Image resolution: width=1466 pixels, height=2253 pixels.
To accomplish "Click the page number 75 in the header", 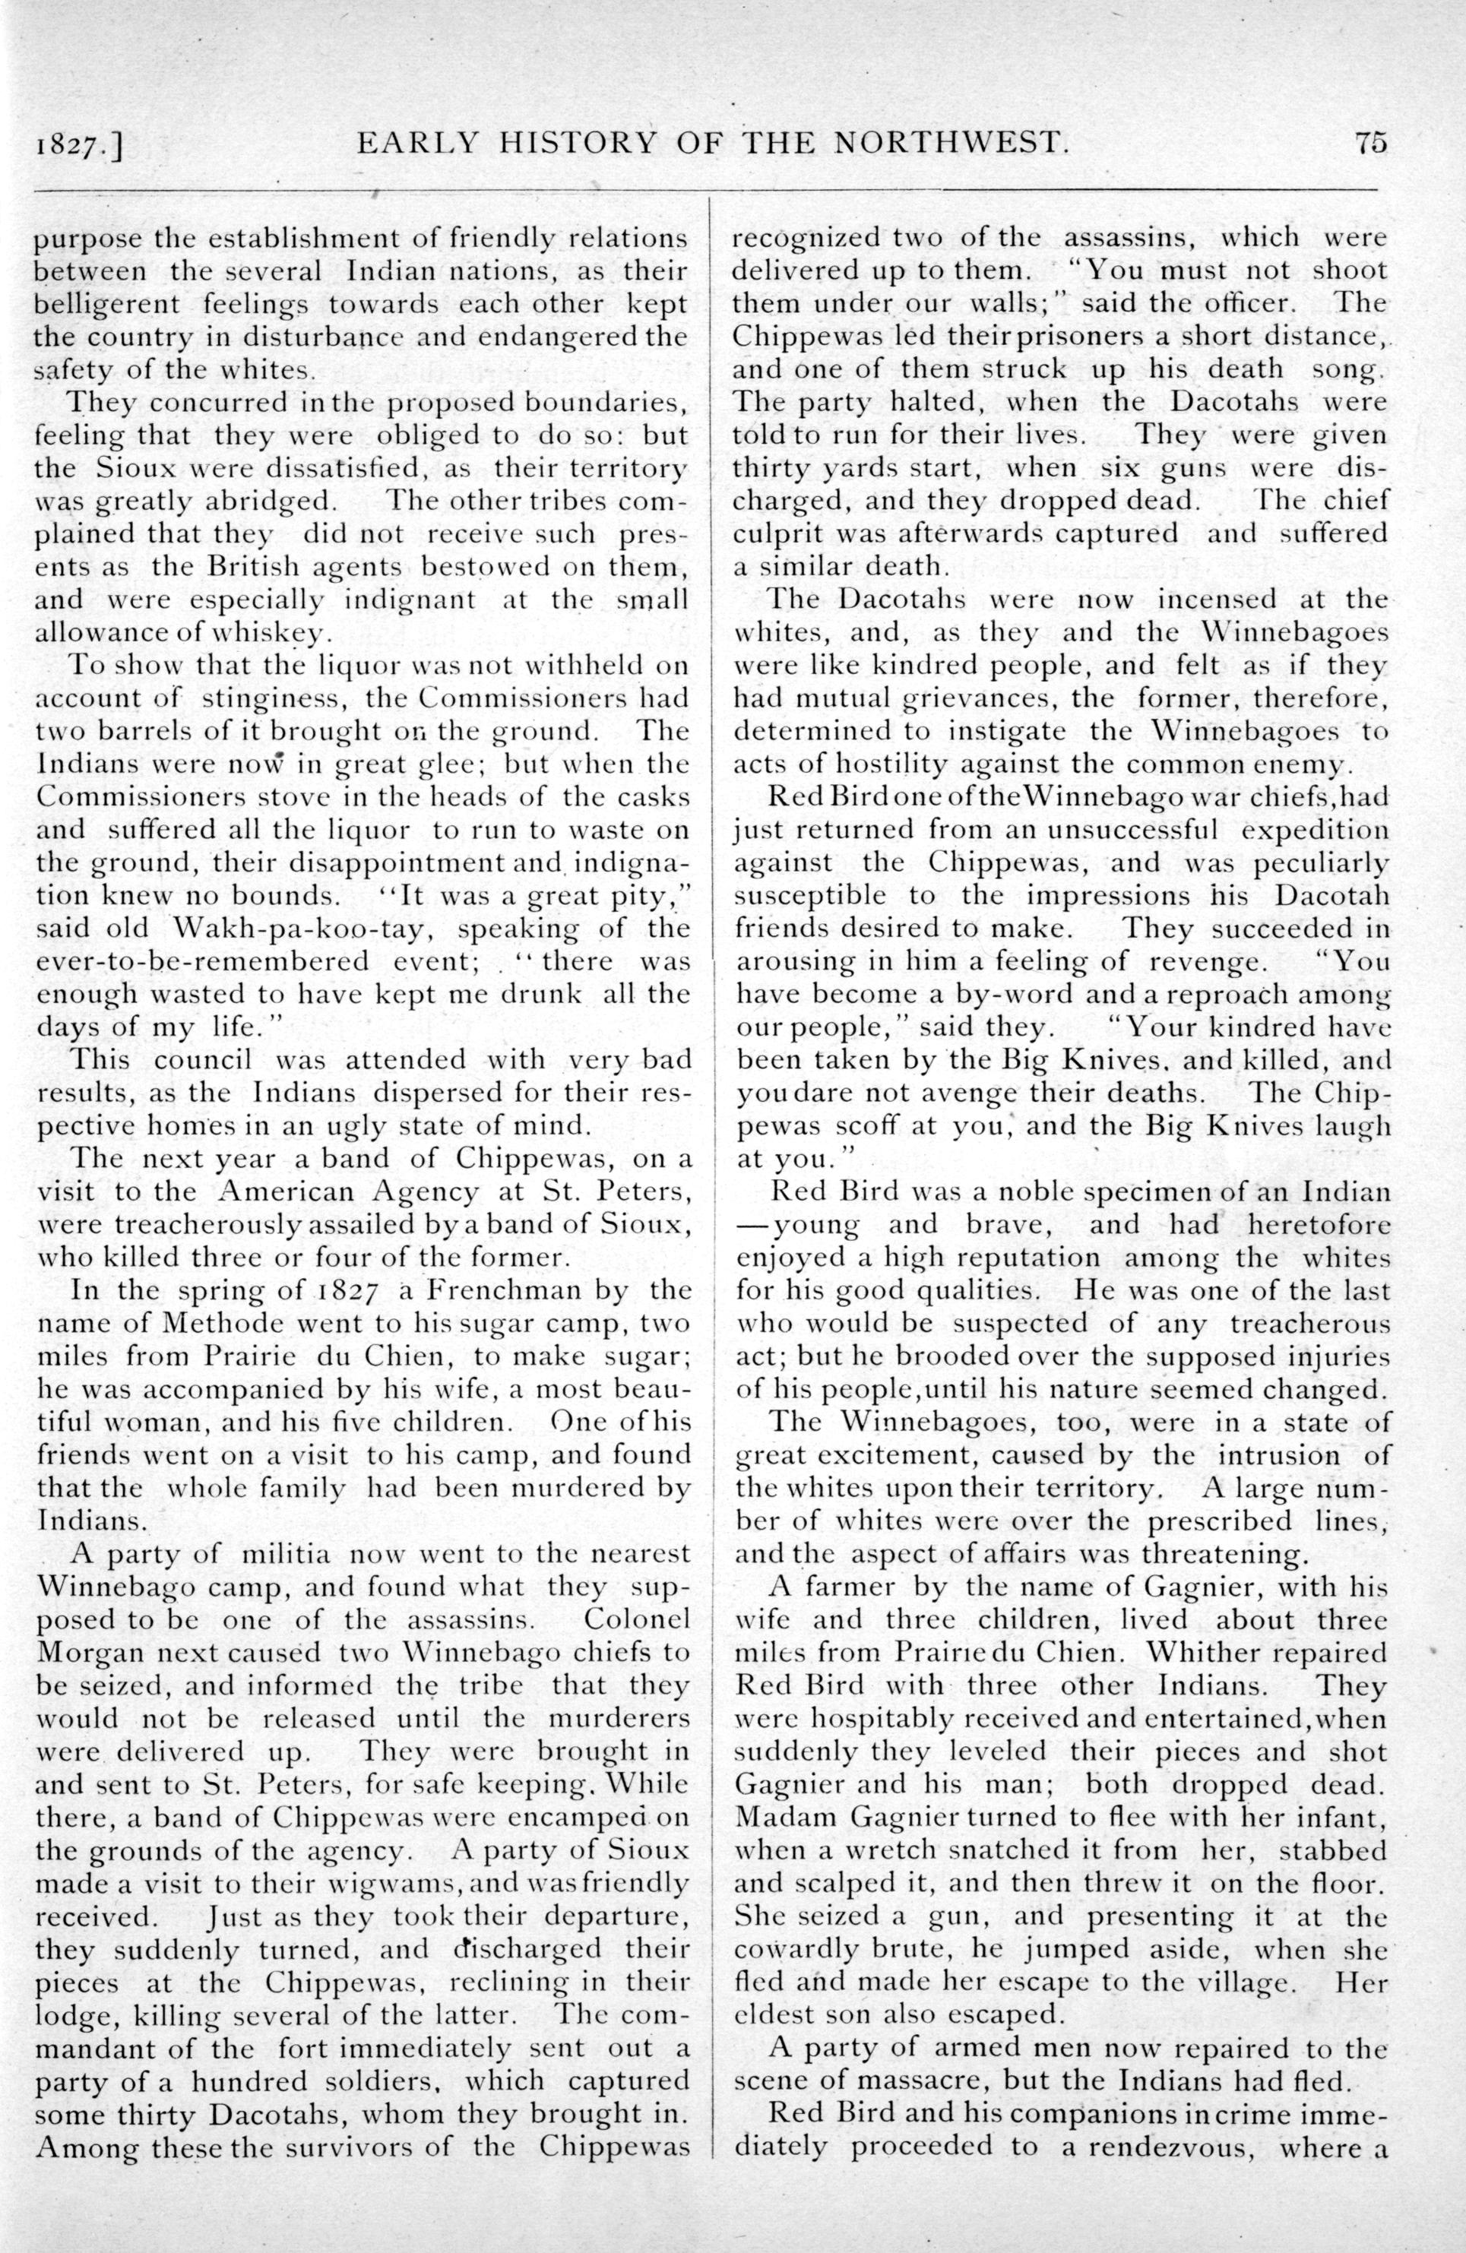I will (x=1369, y=142).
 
